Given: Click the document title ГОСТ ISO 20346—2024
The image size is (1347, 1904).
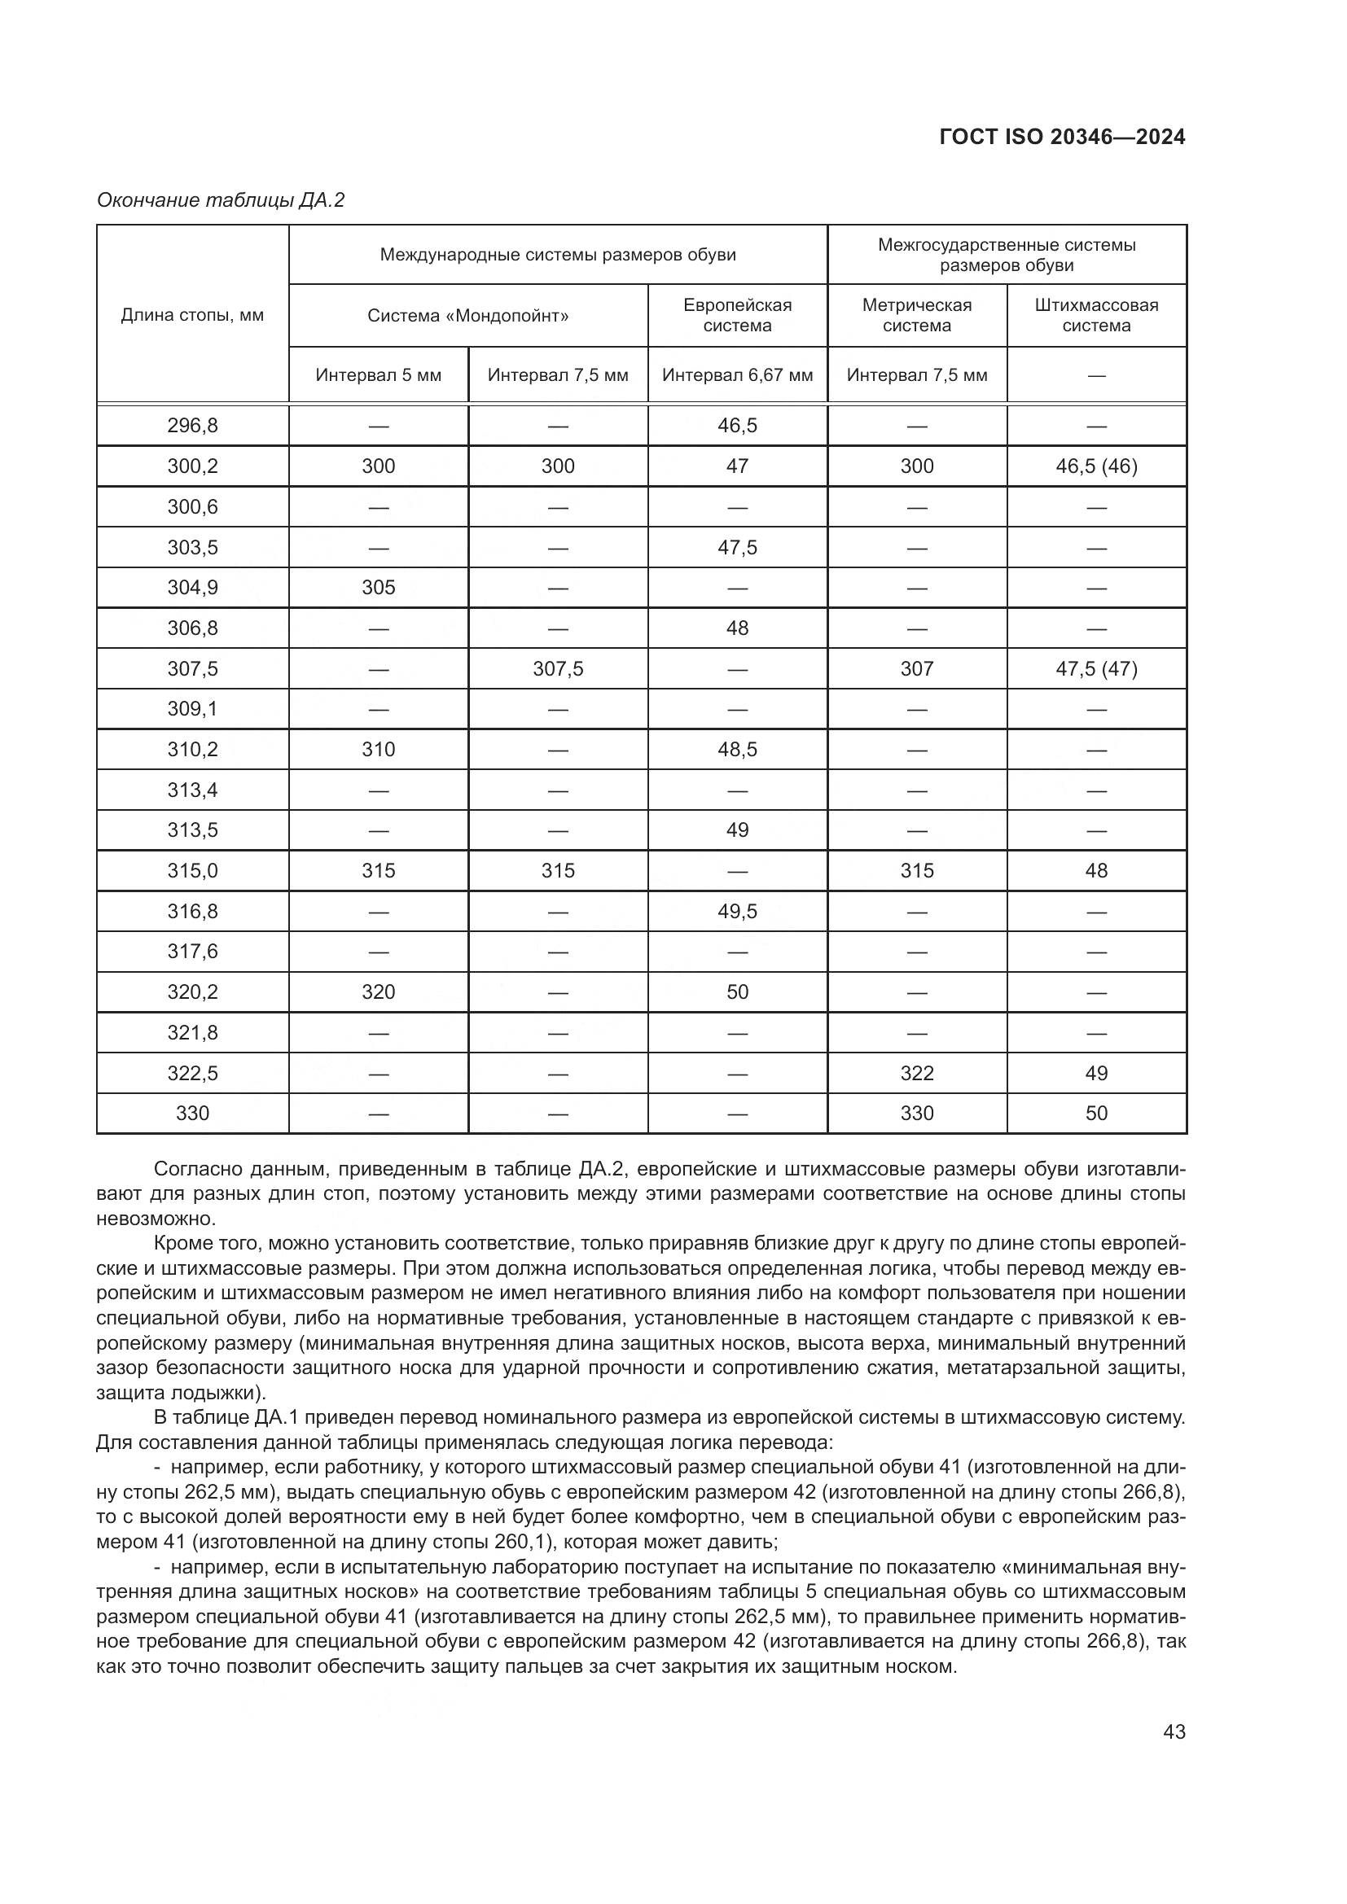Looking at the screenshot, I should tap(1062, 137).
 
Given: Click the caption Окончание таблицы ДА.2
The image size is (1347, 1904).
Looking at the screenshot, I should tap(221, 200).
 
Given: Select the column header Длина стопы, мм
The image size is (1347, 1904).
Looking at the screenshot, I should tap(192, 315).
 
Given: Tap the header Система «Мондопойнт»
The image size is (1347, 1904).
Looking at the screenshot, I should tap(467, 316).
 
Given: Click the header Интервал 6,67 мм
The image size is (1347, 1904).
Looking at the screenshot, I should tap(737, 374).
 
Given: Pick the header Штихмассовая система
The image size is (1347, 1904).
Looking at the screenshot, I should tap(1095, 315).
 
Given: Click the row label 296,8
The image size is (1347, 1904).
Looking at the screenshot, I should tap(192, 426).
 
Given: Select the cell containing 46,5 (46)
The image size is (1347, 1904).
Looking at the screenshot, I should tap(1095, 466).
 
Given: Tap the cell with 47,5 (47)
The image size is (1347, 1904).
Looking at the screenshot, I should tap(1095, 668).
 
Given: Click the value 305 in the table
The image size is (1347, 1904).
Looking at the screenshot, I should tap(378, 587).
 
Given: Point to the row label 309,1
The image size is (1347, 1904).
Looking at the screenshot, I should tap(192, 709).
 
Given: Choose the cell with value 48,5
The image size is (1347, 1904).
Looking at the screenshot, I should tap(737, 750).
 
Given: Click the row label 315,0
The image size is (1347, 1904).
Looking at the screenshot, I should tap(192, 871).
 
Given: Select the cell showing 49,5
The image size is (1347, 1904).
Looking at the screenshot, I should tap(737, 912).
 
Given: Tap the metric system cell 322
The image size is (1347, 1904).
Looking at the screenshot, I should tap(916, 1073).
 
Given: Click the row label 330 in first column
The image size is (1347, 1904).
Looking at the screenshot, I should tap(192, 1113).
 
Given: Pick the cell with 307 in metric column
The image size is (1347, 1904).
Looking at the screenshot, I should tap(916, 668).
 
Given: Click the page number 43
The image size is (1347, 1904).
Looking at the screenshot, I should tap(1174, 1731).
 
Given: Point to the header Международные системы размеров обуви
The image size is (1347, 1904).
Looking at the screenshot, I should tap(557, 255).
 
